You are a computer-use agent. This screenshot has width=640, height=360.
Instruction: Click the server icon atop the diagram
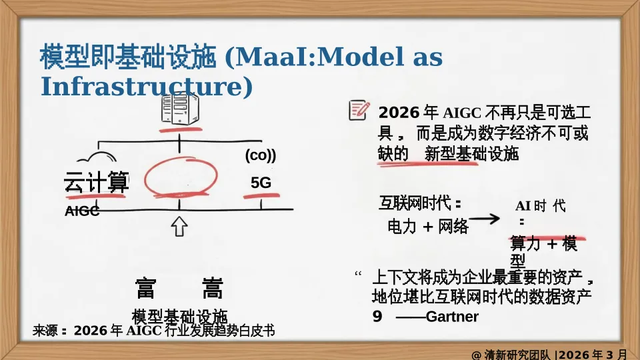pyautogui.click(x=180, y=107)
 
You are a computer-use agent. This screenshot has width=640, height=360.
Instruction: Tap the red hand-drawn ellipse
pyautogui.click(x=181, y=177)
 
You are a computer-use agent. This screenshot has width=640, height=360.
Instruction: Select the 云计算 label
pyautogui.click(x=96, y=181)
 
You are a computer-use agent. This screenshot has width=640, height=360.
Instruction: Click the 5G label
pyautogui.click(x=261, y=183)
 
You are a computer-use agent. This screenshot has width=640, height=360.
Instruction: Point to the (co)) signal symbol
pyautogui.click(x=260, y=155)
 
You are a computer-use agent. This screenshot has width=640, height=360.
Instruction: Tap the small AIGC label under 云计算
pyautogui.click(x=82, y=212)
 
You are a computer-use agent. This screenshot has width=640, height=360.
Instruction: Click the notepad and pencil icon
pyautogui.click(x=358, y=110)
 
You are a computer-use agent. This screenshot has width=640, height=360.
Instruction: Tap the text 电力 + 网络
pyautogui.click(x=428, y=227)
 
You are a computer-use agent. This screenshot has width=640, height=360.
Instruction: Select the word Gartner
pyautogui.click(x=452, y=317)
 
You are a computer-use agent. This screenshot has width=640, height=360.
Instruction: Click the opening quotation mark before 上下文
pyautogui.click(x=359, y=275)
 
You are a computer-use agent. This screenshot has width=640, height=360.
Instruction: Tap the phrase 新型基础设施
pyautogui.click(x=471, y=154)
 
